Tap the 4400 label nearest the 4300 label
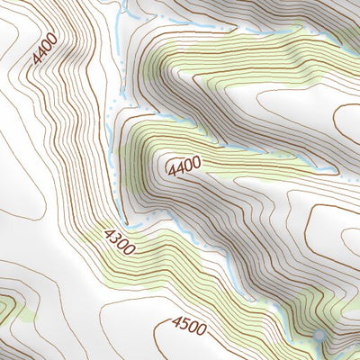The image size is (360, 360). [x=184, y=165]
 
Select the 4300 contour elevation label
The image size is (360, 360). [x=120, y=241]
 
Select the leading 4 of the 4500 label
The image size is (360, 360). [x=175, y=323]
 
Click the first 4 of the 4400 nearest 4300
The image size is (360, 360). [x=170, y=168]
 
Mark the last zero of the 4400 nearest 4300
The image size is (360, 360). [x=197, y=162]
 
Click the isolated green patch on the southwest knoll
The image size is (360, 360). [x=7, y=310]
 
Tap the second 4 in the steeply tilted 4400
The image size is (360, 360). [x=42, y=53]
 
